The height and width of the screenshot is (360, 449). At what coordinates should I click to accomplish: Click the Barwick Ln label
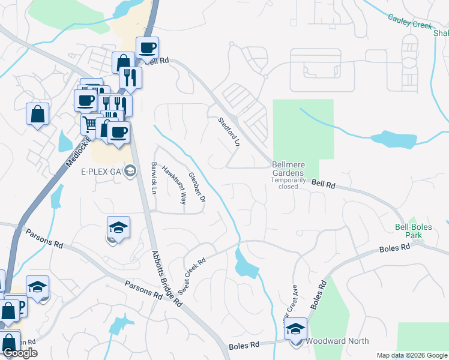(x=154, y=178)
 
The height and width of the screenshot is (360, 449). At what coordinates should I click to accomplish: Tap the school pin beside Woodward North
(x=295, y=329)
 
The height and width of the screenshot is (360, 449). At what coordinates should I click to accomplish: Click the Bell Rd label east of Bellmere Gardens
(x=324, y=186)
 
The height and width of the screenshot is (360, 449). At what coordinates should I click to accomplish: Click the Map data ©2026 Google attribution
(x=411, y=355)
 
